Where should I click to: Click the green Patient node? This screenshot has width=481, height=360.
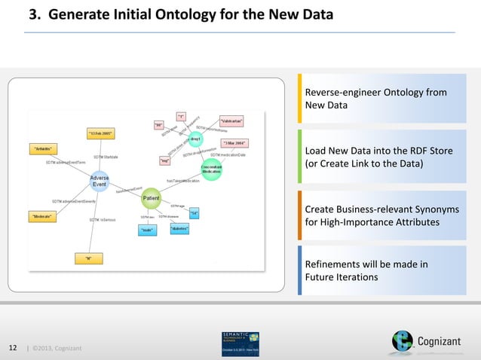tap(152, 199)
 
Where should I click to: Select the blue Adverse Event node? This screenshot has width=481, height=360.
tap(100, 182)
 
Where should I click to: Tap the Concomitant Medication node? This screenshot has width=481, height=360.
tap(211, 170)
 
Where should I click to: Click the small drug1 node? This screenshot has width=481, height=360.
tap(195, 140)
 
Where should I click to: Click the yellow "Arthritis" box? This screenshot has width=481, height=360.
tap(46, 149)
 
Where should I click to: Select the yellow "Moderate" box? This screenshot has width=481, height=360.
tap(45, 216)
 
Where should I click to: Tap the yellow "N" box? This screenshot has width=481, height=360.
tap(88, 258)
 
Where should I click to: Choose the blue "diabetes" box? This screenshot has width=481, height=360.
tap(179, 228)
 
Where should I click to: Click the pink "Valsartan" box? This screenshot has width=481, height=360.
tap(231, 120)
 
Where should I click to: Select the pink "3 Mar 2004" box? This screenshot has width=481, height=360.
tap(235, 142)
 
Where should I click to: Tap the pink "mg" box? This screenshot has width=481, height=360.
tap(164, 160)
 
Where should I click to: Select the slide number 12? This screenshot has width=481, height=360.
tap(13, 347)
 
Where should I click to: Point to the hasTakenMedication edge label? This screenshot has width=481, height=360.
tap(182, 181)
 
